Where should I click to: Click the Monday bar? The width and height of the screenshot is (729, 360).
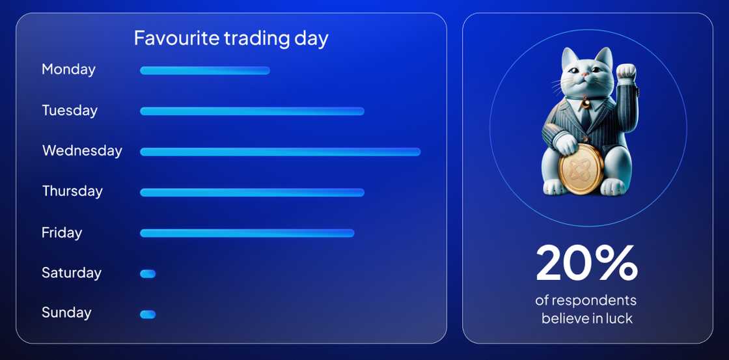(x=204, y=70)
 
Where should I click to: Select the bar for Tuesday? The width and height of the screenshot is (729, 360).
(x=252, y=111)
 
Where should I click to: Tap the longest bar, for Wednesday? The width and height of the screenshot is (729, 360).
(x=280, y=152)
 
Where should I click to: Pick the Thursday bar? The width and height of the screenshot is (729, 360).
(x=252, y=192)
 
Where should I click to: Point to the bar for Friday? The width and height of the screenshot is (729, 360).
(x=247, y=233)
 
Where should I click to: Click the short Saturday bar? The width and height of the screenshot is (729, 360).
(x=148, y=274)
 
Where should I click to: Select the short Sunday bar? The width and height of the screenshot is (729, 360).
(x=148, y=314)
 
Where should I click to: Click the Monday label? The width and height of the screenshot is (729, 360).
(x=68, y=69)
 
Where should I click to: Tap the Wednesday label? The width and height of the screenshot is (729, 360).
(x=82, y=150)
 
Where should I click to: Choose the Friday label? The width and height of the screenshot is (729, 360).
(x=62, y=232)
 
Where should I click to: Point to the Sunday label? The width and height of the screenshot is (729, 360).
(x=66, y=312)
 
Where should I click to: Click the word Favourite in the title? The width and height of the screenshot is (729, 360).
(x=176, y=38)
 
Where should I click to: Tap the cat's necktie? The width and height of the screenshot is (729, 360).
(x=586, y=117)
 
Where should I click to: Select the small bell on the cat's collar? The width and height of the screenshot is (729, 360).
(x=585, y=102)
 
